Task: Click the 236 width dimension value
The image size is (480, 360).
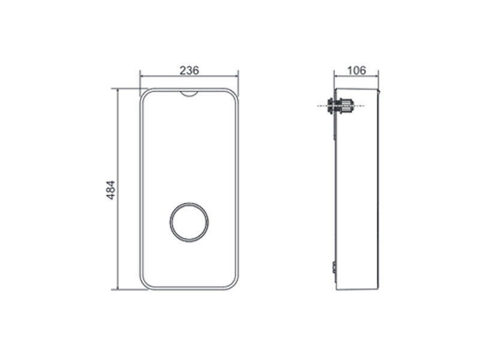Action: point(189,70)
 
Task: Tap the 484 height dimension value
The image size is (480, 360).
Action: point(110,190)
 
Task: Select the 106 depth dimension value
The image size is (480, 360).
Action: point(356,70)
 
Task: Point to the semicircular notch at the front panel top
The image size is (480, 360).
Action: point(189,94)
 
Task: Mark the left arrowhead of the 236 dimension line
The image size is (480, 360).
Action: point(142,77)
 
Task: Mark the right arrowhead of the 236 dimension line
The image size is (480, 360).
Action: point(236,77)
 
